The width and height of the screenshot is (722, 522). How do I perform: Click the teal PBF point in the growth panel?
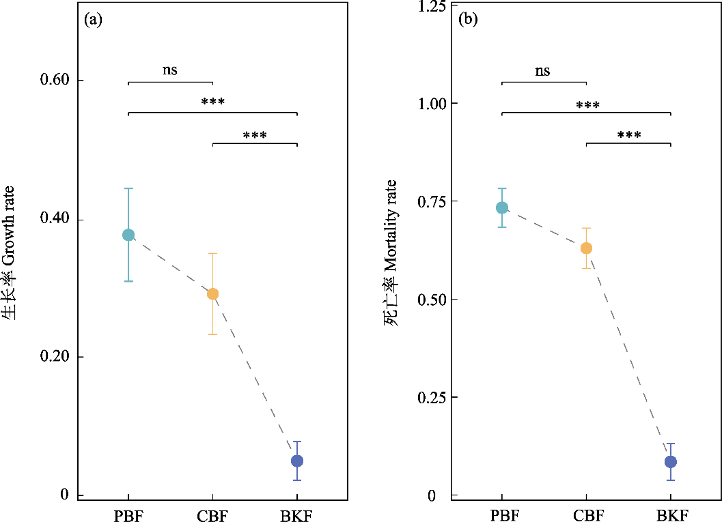(x=128, y=235)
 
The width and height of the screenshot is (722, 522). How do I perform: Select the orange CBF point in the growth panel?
(x=212, y=294)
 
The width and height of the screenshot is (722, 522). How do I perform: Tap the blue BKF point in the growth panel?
(x=297, y=461)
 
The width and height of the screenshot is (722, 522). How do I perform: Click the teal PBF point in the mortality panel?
(x=502, y=207)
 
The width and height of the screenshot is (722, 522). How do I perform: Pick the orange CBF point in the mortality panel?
(x=586, y=248)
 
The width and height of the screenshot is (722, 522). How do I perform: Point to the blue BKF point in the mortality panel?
(x=671, y=462)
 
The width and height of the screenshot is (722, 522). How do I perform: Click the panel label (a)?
(x=93, y=20)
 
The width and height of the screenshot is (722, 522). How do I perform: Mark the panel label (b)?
(x=468, y=20)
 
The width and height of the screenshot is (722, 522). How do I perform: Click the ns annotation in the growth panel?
(x=170, y=70)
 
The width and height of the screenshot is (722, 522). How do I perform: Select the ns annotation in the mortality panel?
(x=543, y=70)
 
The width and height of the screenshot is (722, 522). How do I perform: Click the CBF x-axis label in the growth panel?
(x=212, y=513)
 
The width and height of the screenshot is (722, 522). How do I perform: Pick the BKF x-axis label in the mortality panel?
(x=671, y=513)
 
